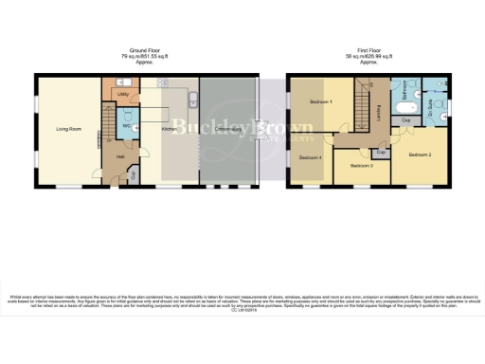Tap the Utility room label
(x=122, y=95)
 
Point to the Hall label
(x=120, y=157)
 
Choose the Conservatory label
(x=226, y=126)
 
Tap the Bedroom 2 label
(x=420, y=154)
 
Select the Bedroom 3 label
(x=362, y=166)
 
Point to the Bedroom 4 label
(x=311, y=157)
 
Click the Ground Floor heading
(x=146, y=49)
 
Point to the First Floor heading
(x=368, y=49)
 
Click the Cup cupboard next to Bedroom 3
(x=381, y=152)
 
